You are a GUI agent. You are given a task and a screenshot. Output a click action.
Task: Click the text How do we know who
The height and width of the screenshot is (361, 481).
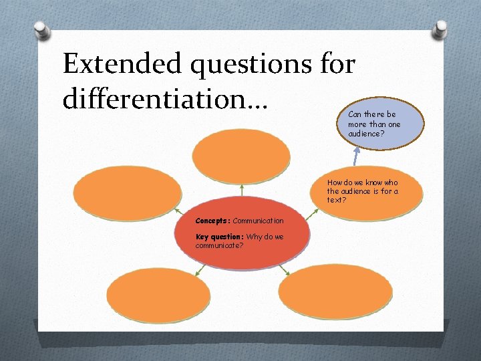coord(362,183)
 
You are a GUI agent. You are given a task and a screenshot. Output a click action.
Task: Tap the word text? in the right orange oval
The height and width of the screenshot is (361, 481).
coord(337,200)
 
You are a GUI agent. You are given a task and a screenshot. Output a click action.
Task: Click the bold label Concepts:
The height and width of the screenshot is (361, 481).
coord(212,221)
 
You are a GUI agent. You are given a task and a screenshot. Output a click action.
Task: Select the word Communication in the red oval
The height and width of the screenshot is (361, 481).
coord(258,221)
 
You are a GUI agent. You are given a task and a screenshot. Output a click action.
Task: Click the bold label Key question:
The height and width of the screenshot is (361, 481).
coord(219,237)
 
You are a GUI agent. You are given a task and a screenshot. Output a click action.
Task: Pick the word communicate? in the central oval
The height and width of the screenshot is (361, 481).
coord(219,245)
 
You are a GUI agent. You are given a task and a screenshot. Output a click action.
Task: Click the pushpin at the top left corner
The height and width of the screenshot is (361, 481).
coord(42,30)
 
